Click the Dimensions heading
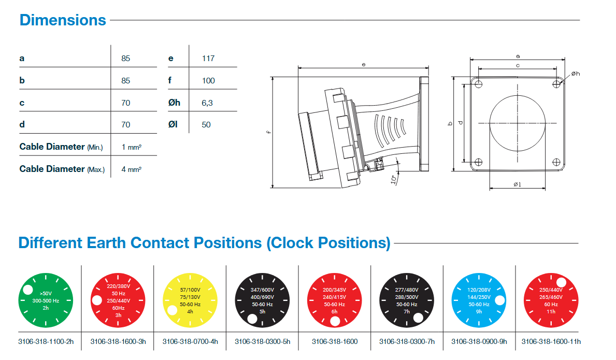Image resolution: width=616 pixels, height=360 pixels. point(63,20)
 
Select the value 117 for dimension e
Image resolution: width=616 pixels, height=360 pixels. point(208,59)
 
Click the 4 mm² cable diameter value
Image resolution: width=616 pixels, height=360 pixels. point(131,169)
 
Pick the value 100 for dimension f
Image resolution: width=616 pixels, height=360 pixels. point(208,81)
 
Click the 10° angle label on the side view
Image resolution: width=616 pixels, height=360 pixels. point(395,179)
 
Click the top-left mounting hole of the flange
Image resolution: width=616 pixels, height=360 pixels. point(479,84)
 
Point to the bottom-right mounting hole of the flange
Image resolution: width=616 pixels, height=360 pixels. point(556,162)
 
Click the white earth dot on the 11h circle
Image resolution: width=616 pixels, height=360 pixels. point(561,282)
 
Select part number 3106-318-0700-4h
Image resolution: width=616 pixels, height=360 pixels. point(190,341)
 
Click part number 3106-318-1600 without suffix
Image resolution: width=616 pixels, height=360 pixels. point(334,341)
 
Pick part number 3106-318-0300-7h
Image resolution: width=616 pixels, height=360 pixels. point(407,341)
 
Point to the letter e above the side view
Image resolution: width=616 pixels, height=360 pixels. point(364,65)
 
